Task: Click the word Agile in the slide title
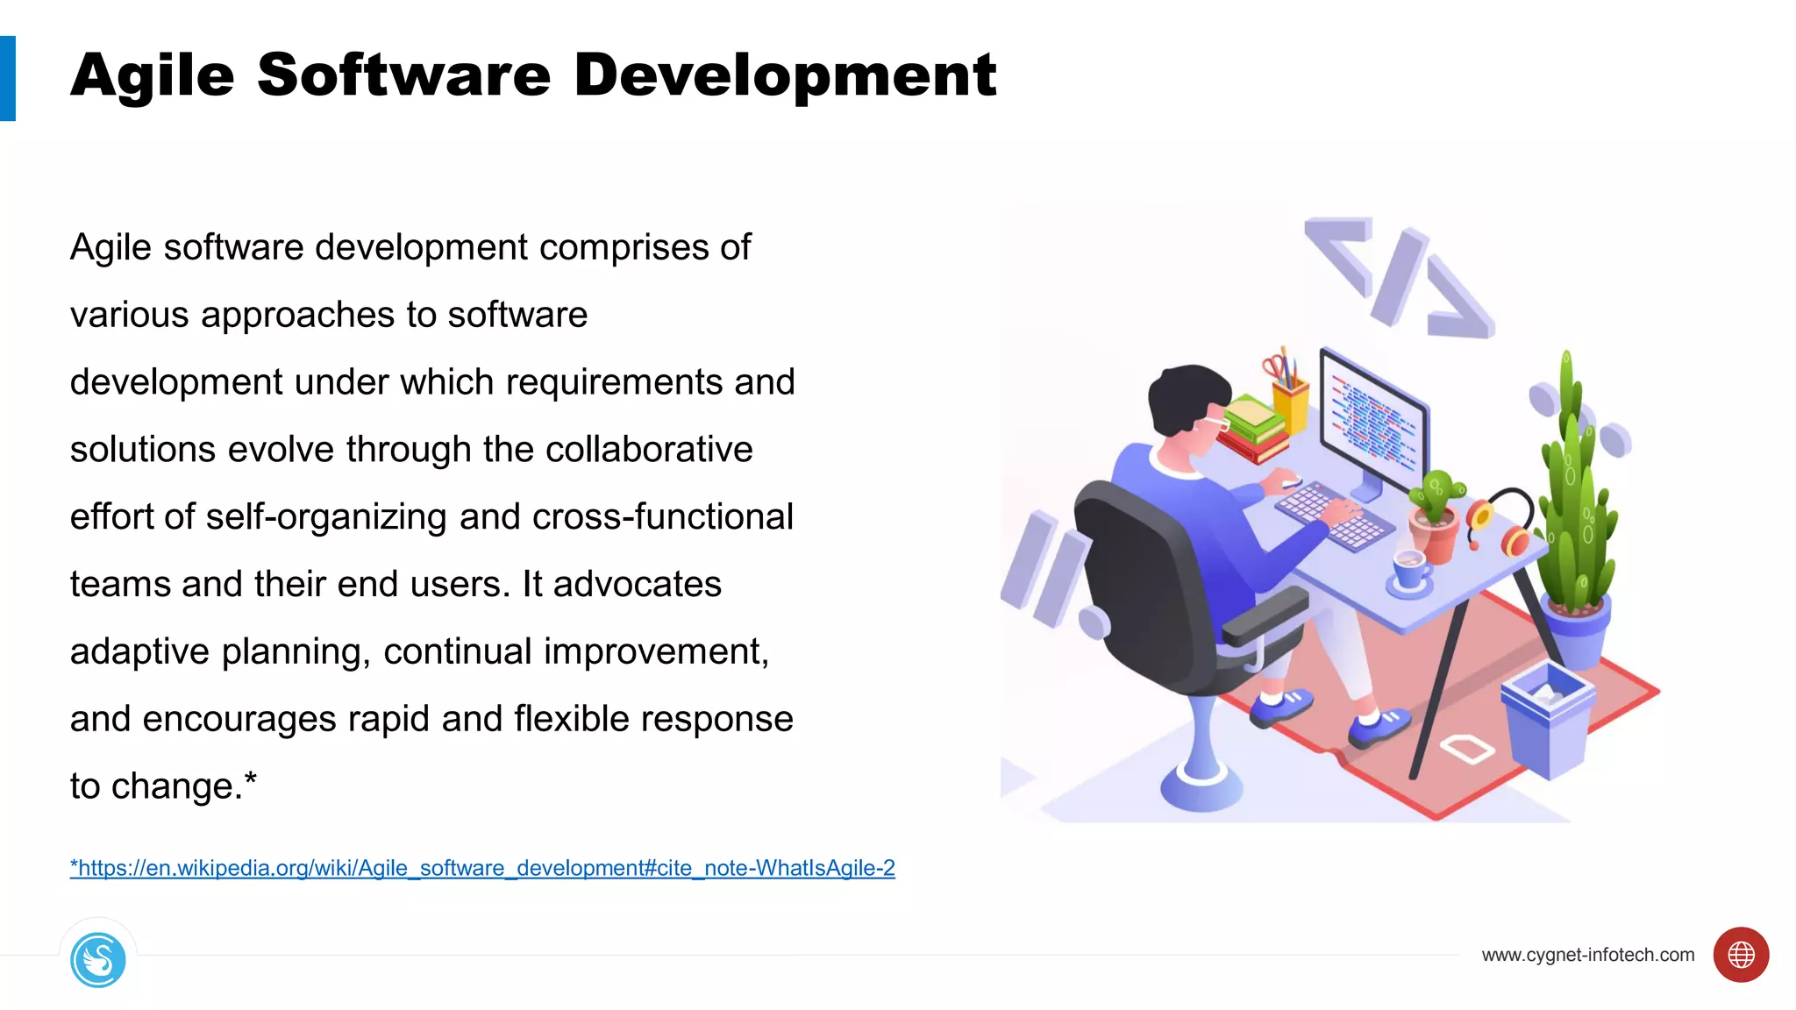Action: pos(153,76)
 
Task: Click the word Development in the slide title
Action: pos(785,76)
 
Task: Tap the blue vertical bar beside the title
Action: pos(8,78)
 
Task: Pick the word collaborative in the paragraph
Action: pos(649,449)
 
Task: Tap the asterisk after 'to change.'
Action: pos(251,778)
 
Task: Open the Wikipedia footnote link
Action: pos(482,868)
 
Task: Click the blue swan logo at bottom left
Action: pos(98,960)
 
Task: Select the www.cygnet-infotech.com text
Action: pos(1587,955)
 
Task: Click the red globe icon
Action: pos(1741,955)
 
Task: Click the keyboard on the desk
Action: pos(1333,517)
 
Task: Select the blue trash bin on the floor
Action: pos(1547,719)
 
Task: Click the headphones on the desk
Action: pos(1501,522)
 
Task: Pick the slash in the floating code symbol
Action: pos(1400,276)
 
